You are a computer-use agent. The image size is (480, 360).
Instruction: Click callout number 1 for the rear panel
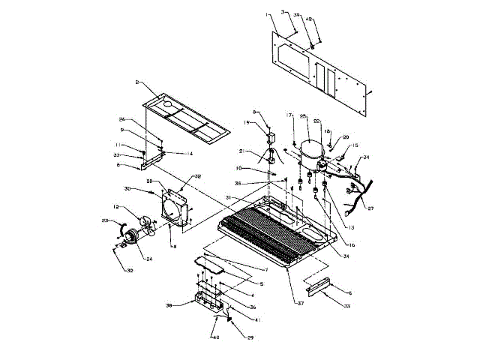coord(266,15)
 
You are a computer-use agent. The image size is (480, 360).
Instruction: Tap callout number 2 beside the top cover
coord(138,81)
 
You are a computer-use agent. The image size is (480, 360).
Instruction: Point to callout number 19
coord(246,122)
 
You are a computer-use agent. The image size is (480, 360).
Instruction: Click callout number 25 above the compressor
coord(304,117)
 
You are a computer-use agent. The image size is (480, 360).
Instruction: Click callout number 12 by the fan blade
coord(116,207)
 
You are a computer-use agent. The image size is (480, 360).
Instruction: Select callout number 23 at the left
coord(106,220)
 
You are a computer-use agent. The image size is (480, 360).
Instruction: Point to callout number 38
coord(169,305)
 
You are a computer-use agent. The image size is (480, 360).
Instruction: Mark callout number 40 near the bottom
coord(216,337)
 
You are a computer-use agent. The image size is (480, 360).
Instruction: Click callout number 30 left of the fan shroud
coord(128,188)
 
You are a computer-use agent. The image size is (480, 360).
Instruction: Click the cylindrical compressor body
coord(309,154)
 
